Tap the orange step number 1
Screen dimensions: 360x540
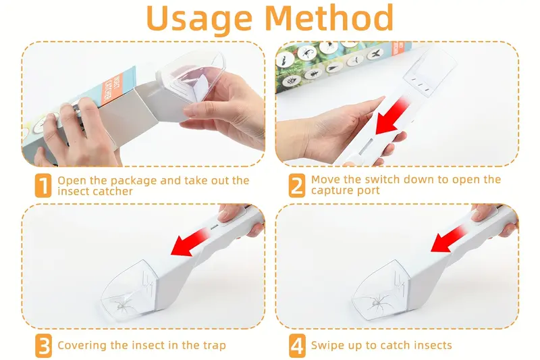point(43,186)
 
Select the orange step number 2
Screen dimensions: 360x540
point(297,186)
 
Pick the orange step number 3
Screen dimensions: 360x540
point(43,346)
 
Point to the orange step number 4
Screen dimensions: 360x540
point(297,346)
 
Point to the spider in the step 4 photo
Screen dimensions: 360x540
point(375,303)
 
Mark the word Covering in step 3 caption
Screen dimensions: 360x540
point(82,346)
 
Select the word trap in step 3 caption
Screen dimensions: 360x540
point(213,346)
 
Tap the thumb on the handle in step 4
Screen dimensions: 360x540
point(483,216)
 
